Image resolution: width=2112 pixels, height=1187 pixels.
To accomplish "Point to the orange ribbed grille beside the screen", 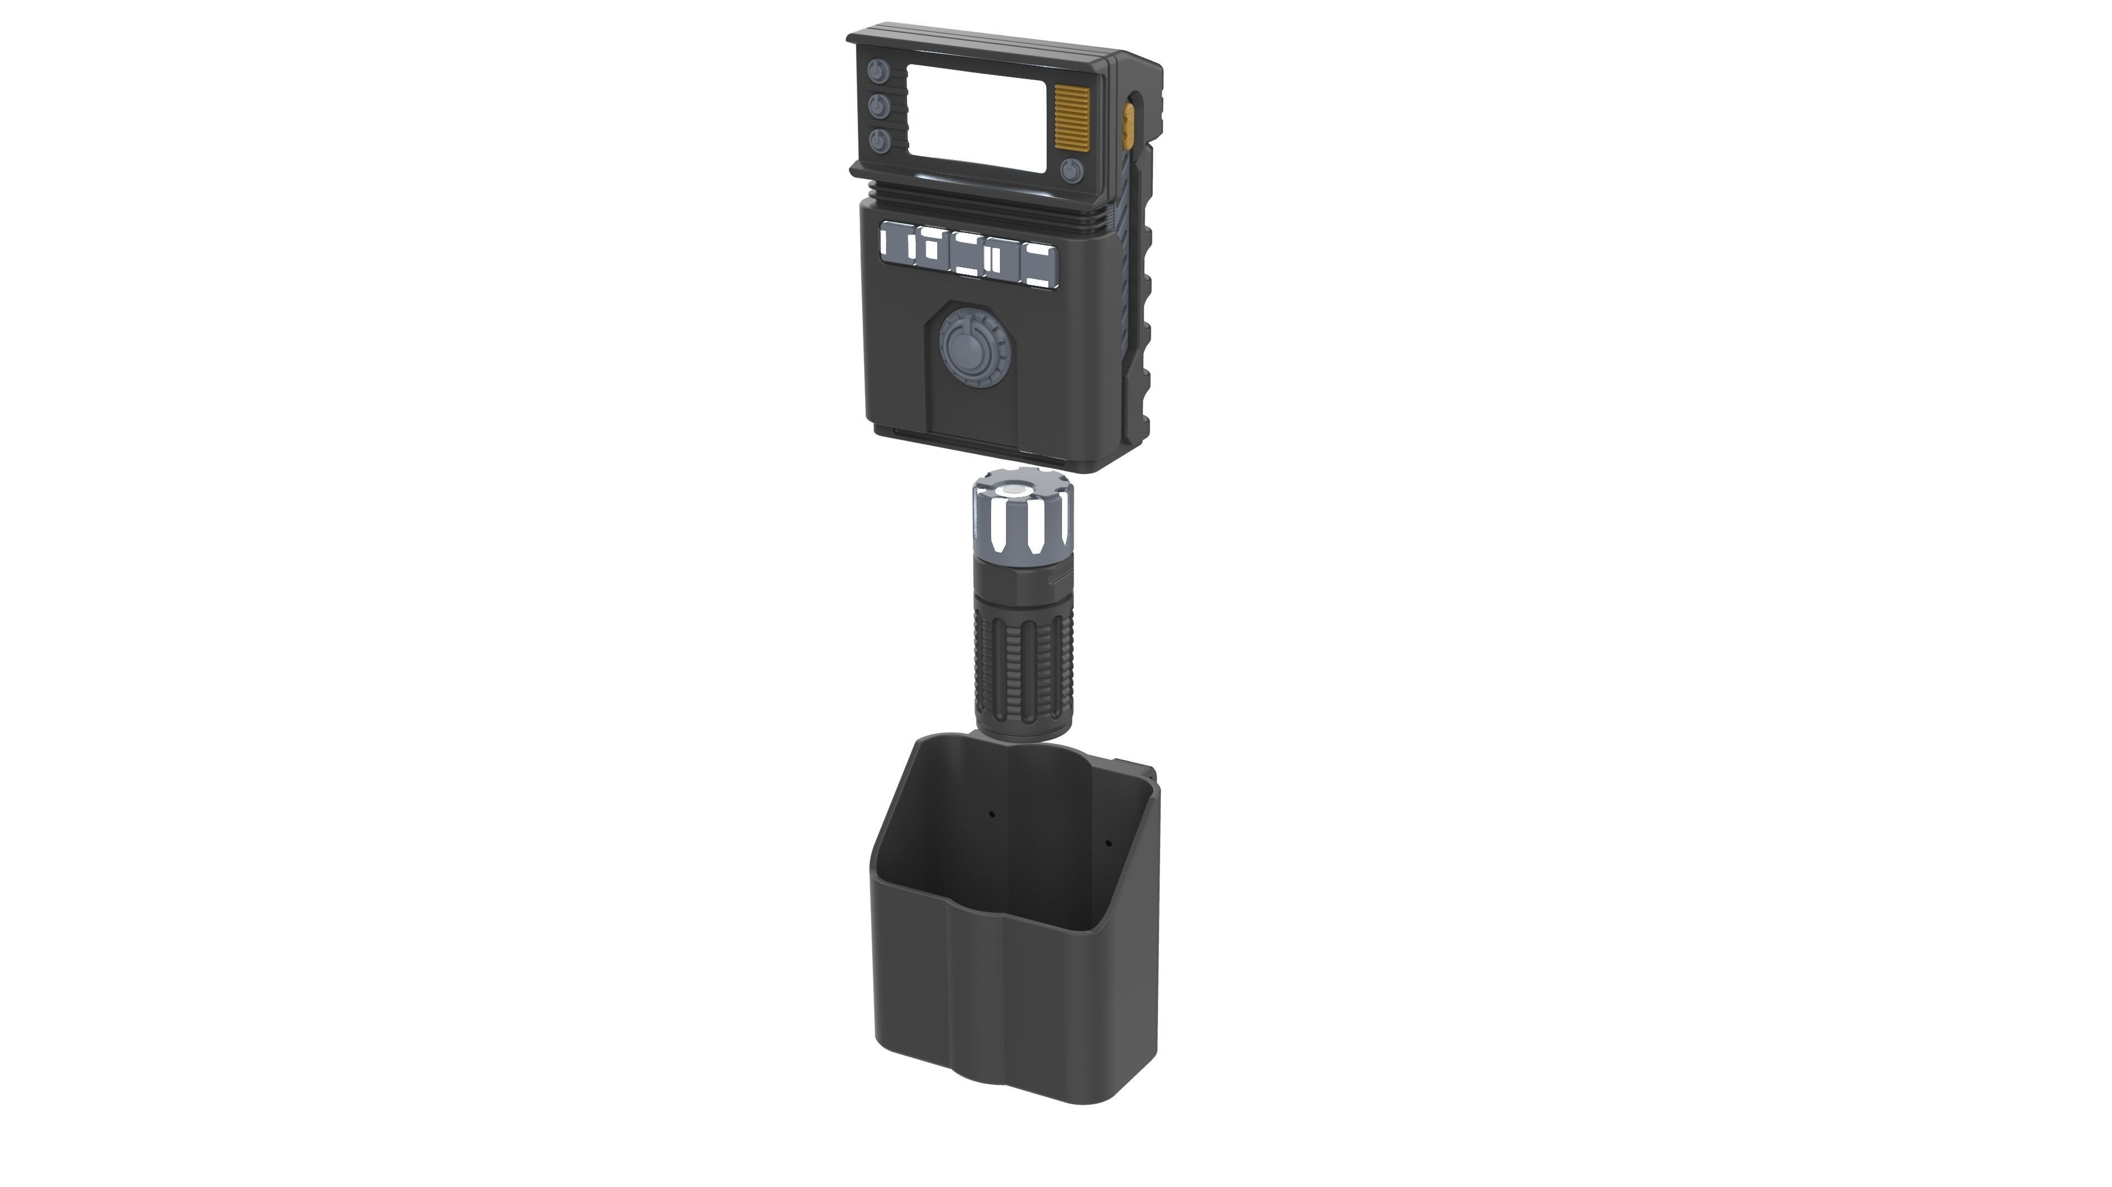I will (1071, 118).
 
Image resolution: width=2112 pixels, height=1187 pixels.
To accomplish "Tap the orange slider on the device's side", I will (1129, 124).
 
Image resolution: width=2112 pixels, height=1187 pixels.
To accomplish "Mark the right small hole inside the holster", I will (1108, 843).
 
